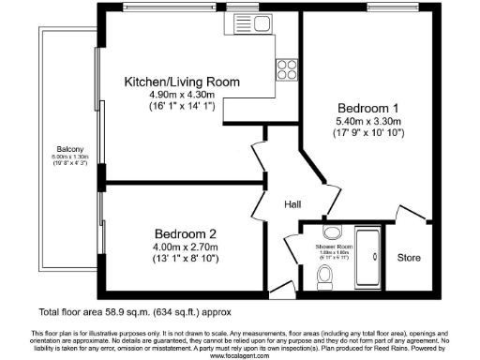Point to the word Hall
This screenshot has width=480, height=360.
click(292, 204)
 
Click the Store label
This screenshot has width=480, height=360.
click(410, 256)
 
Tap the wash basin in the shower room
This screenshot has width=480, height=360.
click(331, 232)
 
